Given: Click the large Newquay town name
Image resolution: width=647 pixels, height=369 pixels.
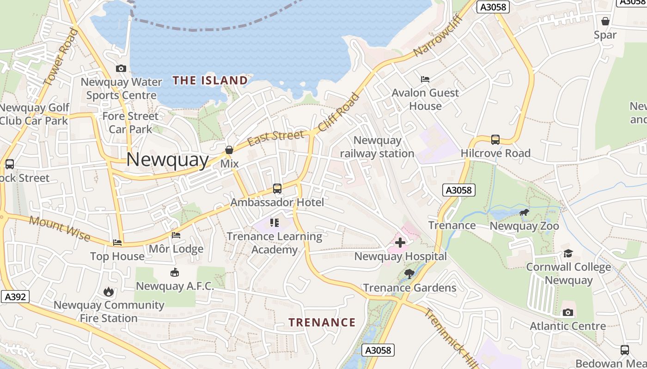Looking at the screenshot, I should [167, 160].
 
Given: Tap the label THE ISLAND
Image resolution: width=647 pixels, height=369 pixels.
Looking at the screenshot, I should [210, 81].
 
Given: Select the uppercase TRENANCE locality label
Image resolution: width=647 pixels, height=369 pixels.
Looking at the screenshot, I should [322, 322].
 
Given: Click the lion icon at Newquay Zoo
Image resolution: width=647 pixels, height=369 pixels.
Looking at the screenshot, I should [524, 213].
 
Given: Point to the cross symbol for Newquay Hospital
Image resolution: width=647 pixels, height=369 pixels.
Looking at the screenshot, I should [400, 242].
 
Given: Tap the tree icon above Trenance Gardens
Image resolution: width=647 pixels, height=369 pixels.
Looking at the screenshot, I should [409, 274].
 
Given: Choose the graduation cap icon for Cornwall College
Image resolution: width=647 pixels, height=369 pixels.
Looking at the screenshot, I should [568, 253].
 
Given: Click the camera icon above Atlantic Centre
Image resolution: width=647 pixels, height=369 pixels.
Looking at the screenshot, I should [568, 312].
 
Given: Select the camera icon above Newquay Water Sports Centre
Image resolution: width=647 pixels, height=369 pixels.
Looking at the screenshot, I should [121, 68].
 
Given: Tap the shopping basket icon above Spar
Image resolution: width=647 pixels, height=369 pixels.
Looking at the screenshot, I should [605, 21].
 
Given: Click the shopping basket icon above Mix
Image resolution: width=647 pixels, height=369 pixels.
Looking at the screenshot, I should [229, 150].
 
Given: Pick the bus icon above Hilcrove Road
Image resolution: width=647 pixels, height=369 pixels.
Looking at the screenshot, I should [495, 139].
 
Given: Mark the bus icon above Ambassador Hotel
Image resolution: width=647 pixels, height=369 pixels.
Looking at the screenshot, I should [277, 188].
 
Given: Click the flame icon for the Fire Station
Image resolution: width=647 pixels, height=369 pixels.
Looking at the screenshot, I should [109, 292].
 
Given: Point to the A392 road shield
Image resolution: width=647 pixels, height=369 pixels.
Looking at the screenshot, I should [15, 297].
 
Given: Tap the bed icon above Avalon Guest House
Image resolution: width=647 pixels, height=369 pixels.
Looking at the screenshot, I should [425, 79].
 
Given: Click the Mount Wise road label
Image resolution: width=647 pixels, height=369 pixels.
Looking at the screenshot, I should [60, 228].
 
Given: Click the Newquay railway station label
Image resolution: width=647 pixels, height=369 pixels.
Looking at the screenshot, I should [377, 147].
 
